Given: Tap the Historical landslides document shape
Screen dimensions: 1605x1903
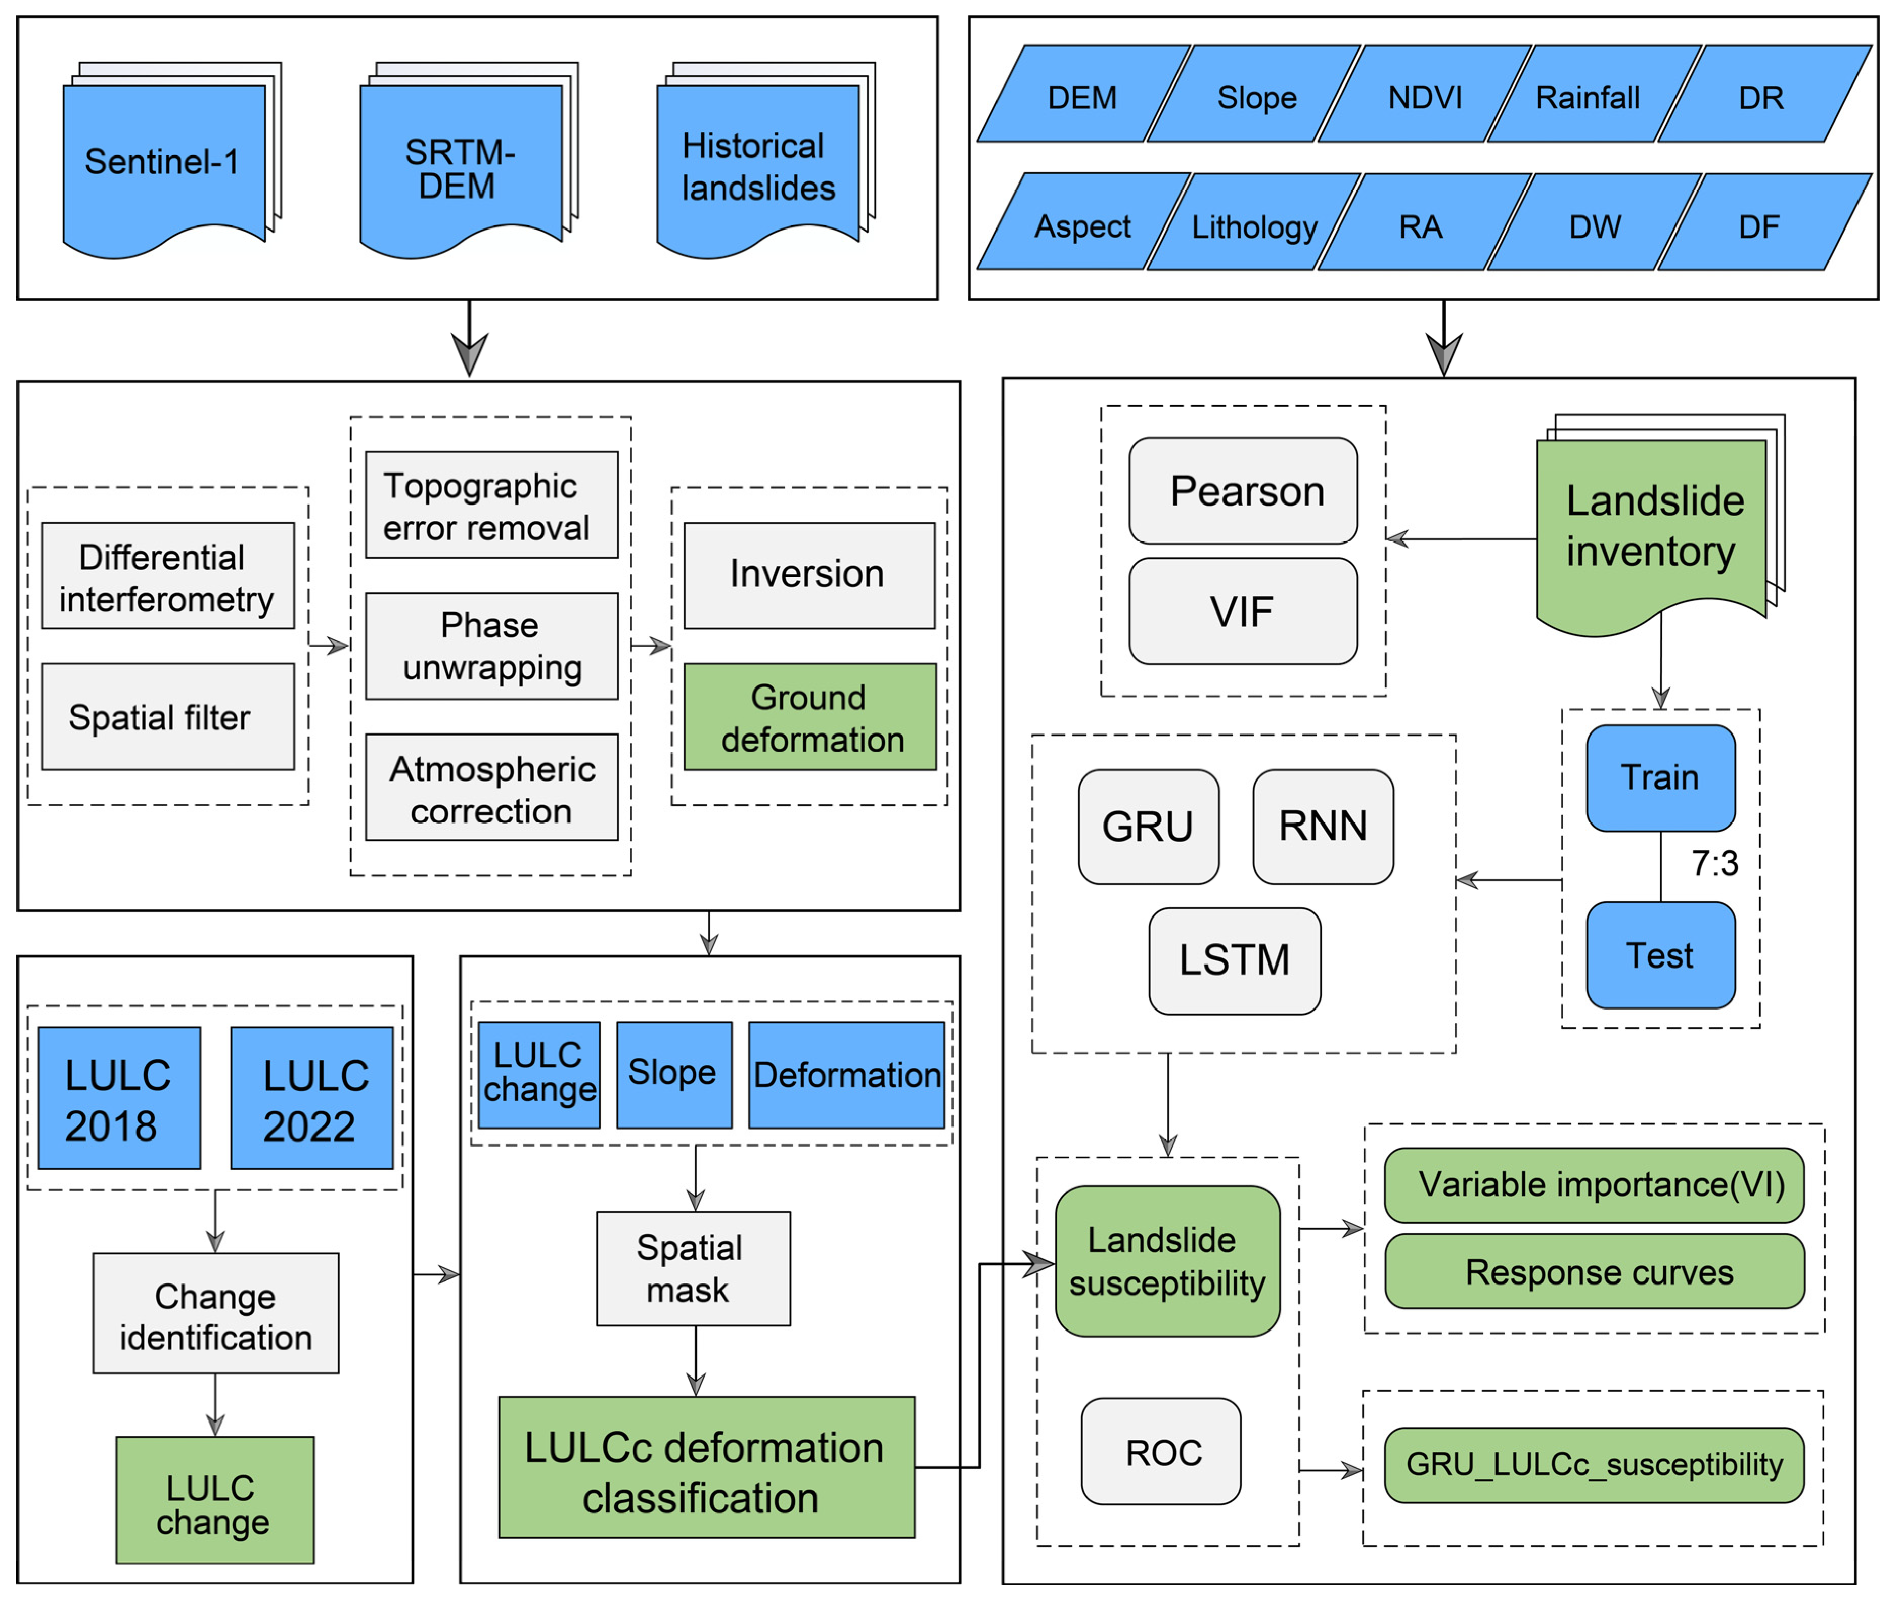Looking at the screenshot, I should click(757, 166).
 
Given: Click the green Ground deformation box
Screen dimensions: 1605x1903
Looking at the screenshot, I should click(810, 718).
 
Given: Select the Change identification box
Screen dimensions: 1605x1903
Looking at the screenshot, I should click(216, 1315).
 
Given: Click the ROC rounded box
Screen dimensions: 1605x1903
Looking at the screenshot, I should click(1161, 1453).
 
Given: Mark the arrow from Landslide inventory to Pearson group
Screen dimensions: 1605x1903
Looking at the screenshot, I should click(1461, 539).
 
